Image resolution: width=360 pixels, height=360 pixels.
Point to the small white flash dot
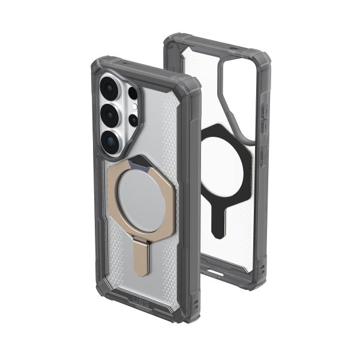point(134,107)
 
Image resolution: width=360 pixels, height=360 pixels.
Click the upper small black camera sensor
point(133,93)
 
